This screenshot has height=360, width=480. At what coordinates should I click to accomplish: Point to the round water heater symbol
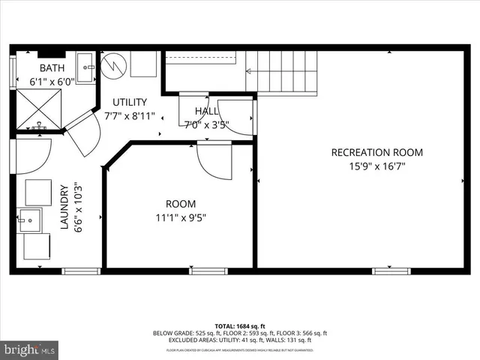click(x=114, y=64)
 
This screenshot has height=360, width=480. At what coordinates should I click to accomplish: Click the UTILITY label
click(x=130, y=102)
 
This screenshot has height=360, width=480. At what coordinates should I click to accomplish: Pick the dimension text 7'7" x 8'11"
click(x=130, y=116)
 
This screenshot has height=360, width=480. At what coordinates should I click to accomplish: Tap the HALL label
click(x=206, y=111)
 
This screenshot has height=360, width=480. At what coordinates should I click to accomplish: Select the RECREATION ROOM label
click(x=376, y=152)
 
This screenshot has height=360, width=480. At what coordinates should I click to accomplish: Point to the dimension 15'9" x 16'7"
click(x=376, y=167)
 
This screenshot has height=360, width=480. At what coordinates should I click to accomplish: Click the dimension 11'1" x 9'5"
click(x=180, y=218)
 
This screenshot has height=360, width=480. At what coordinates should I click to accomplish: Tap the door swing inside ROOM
click(x=215, y=161)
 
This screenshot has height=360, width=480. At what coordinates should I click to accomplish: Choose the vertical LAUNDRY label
click(x=64, y=208)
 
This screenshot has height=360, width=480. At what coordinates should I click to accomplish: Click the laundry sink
click(x=31, y=220)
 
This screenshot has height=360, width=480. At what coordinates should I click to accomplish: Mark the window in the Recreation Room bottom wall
click(x=391, y=271)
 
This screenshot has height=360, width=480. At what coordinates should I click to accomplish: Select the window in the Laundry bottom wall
click(x=81, y=271)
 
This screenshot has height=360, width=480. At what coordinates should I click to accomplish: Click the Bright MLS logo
click(x=29, y=349)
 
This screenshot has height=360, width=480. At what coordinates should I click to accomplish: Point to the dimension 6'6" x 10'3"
click(x=78, y=208)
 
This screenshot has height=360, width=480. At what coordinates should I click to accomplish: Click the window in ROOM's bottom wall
click(x=208, y=271)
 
